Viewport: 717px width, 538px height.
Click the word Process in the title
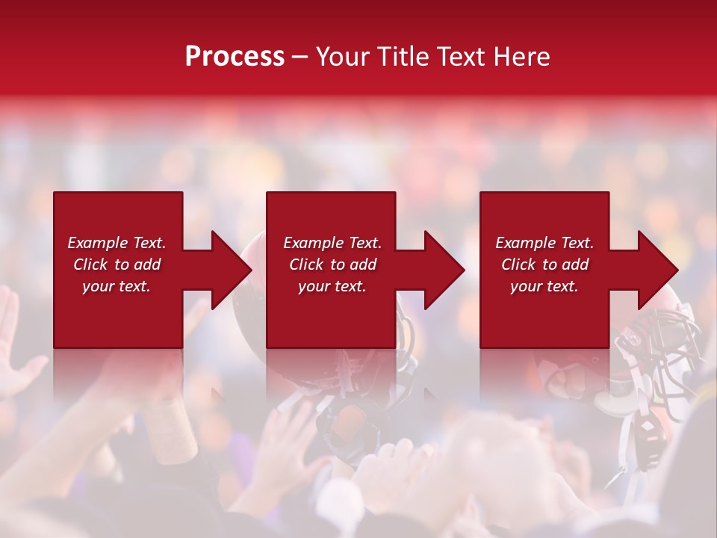(235, 57)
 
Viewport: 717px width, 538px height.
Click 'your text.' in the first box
(117, 286)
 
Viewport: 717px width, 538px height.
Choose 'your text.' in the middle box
(332, 286)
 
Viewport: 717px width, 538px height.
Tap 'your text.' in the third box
(544, 286)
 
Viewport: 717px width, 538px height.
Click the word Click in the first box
(90, 265)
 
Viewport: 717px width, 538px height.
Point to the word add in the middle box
(362, 265)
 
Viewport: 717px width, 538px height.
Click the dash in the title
(299, 57)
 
